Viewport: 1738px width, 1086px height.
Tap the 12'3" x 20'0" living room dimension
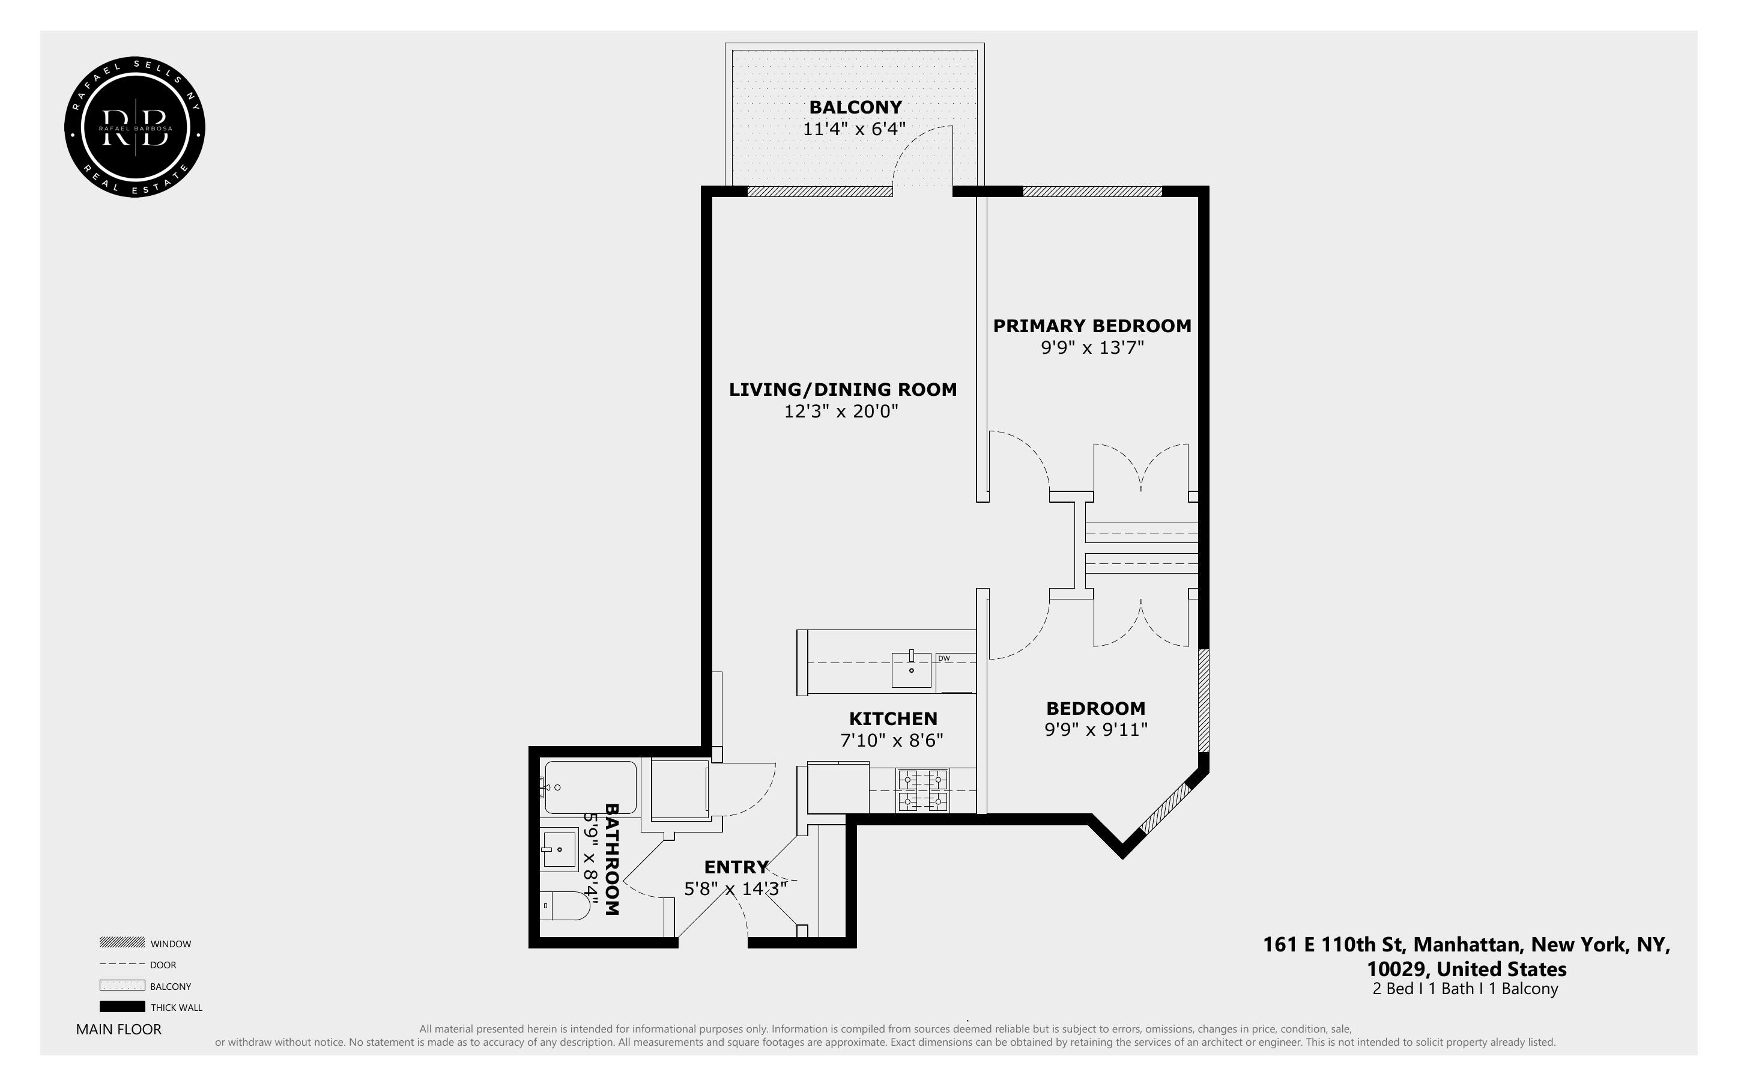[x=841, y=411]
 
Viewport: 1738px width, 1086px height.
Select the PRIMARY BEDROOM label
[x=1091, y=326]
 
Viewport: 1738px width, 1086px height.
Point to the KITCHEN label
[x=892, y=719]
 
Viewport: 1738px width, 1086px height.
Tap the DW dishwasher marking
[x=944, y=658]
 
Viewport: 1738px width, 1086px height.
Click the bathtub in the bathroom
[x=590, y=787]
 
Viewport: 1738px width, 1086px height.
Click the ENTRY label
[x=736, y=867]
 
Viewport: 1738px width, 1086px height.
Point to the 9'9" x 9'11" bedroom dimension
[x=1095, y=730]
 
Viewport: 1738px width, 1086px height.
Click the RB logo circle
[x=135, y=128]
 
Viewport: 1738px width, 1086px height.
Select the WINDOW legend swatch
[x=122, y=943]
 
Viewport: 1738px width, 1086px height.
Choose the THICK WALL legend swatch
[x=122, y=1007]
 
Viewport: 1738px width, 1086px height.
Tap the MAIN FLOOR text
[x=118, y=1030]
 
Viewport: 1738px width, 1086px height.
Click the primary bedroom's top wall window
[x=1091, y=192]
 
